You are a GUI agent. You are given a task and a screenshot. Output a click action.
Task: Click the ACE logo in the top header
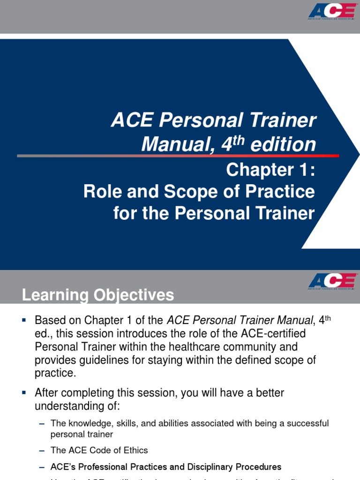point(331,10)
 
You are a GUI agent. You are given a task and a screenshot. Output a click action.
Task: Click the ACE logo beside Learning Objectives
point(331,281)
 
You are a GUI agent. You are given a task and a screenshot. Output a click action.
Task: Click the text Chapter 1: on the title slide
point(270,170)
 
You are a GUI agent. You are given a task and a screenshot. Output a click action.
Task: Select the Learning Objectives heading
point(98,295)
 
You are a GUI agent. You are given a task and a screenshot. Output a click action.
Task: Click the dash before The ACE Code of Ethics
point(42,450)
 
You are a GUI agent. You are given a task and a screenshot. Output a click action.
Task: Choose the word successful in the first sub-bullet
point(305,423)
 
